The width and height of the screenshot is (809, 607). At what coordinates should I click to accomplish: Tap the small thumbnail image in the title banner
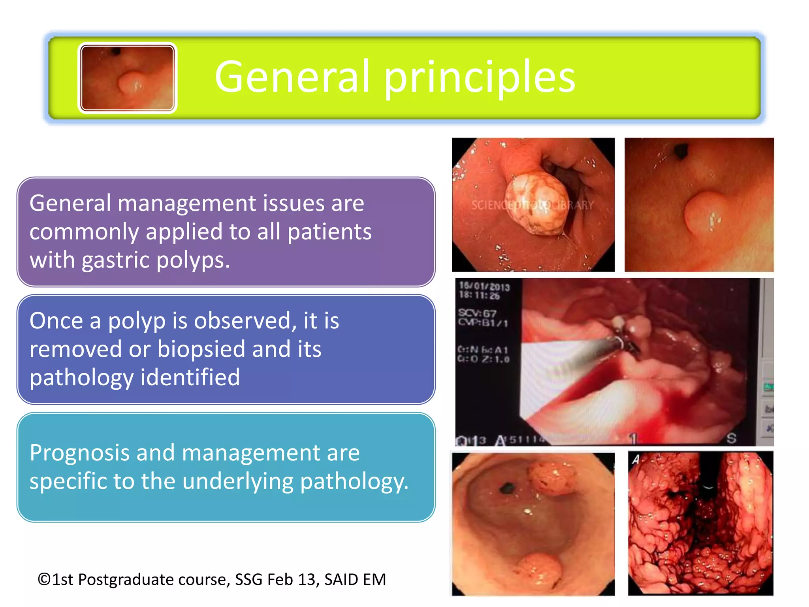point(127,78)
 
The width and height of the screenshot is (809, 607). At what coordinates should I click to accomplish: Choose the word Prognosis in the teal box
point(79,453)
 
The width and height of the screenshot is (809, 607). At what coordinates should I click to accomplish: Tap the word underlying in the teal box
point(237,481)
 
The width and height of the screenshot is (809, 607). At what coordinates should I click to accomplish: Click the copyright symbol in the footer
point(44,580)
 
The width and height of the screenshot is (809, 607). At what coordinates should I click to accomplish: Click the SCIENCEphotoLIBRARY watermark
point(532,205)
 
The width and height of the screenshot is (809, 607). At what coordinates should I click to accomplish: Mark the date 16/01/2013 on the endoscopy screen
point(484,286)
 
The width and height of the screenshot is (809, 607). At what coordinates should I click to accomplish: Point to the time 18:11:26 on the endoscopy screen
point(479,296)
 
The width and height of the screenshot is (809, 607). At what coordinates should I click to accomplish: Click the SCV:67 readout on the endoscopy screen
point(477,313)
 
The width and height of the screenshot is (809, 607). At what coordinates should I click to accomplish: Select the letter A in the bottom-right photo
point(636,460)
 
